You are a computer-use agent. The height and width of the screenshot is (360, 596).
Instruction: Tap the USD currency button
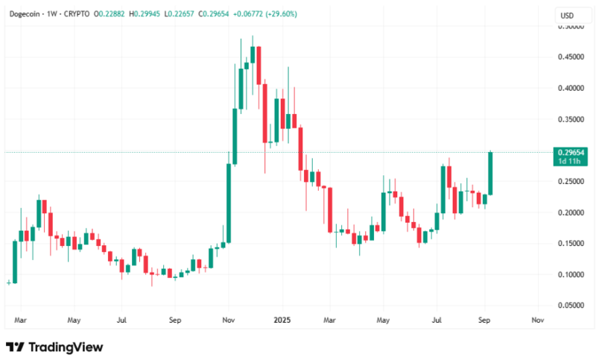pyautogui.click(x=568, y=15)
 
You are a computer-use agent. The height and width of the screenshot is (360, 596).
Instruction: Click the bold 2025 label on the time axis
pyautogui.click(x=281, y=320)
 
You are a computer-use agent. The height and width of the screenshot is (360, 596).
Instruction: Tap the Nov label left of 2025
pyautogui.click(x=229, y=320)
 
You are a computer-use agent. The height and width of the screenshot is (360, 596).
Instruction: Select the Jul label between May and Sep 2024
pyautogui.click(x=121, y=320)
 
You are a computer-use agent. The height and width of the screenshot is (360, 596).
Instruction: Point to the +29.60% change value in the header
pyautogui.click(x=282, y=13)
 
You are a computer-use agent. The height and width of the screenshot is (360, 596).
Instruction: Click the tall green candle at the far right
pyautogui.click(x=492, y=174)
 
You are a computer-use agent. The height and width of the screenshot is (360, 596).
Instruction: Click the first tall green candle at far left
pyautogui.click(x=14, y=261)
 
